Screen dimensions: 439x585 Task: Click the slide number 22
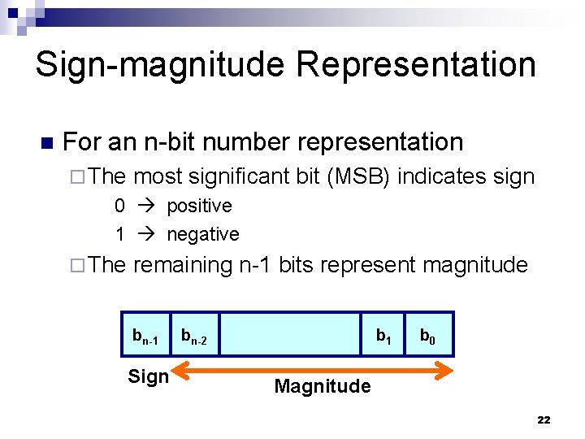coord(544,420)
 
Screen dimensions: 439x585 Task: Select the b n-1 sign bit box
coord(145,334)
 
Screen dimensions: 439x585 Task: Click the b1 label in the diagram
coord(383,334)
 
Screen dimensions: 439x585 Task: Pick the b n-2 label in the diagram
coord(194,335)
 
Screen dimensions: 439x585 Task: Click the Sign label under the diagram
coord(148,376)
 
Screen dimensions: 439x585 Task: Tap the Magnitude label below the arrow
coord(323,386)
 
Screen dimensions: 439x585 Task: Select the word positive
coord(199,206)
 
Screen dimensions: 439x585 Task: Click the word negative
coord(203,234)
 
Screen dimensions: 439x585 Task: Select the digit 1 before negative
coord(119,234)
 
